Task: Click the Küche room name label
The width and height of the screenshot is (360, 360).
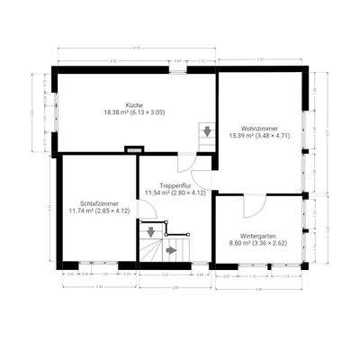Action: (135, 104)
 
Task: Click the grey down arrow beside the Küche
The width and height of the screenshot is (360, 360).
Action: (208, 131)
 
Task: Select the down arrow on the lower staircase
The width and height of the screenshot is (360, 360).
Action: (150, 232)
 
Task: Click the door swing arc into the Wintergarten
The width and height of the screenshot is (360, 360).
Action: (253, 205)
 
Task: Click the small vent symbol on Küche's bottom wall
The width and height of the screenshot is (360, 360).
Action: (135, 150)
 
